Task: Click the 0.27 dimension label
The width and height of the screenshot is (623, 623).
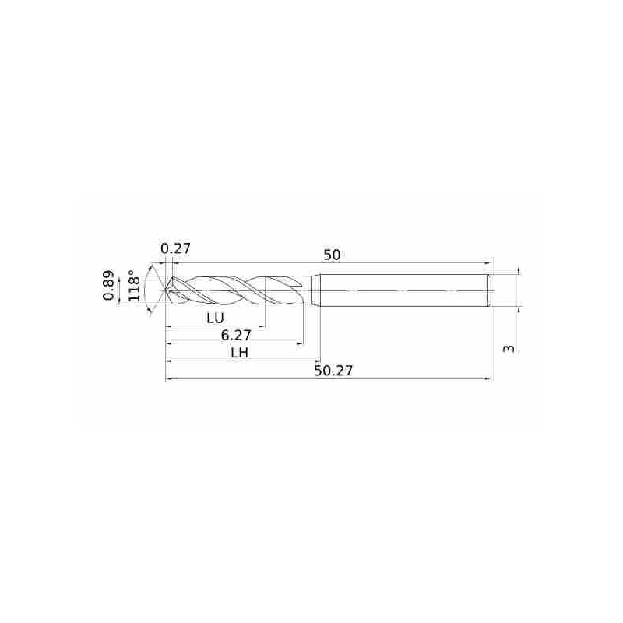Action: pyautogui.click(x=176, y=248)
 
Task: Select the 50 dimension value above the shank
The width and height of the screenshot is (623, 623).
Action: pyautogui.click(x=332, y=255)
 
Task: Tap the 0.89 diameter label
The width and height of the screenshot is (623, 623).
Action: pyautogui.click(x=108, y=286)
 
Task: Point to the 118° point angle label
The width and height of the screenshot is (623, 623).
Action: pyautogui.click(x=134, y=286)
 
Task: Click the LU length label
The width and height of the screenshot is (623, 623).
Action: pyautogui.click(x=216, y=318)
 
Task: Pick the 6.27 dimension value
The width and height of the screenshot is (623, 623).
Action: pyautogui.click(x=236, y=336)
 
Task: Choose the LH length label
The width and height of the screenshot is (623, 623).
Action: pyautogui.click(x=240, y=353)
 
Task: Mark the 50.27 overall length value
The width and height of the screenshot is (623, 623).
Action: pyautogui.click(x=334, y=371)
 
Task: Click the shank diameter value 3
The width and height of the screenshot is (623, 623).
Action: pyautogui.click(x=509, y=349)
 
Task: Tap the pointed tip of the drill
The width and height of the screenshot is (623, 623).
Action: pyautogui.click(x=165, y=290)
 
